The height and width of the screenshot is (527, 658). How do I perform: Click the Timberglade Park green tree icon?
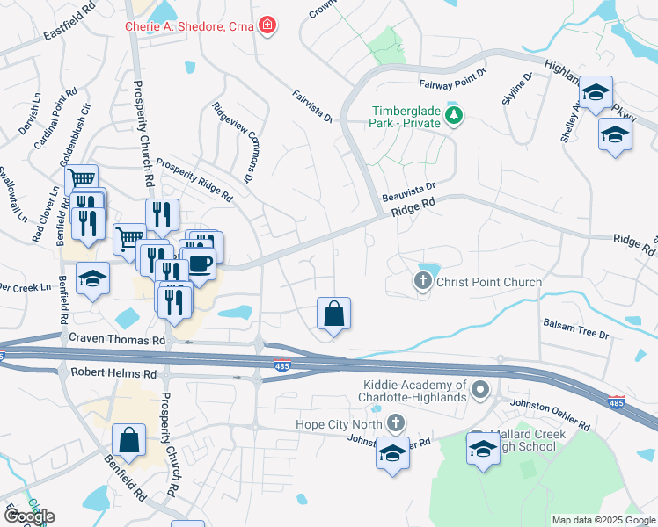(453, 117)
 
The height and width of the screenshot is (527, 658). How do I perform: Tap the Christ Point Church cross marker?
(422, 282)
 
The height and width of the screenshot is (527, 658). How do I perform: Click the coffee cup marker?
(200, 263)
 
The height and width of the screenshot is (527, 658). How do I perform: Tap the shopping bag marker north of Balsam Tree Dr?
(334, 314)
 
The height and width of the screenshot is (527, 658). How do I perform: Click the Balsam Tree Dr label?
(575, 328)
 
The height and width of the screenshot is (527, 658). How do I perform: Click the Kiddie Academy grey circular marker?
(479, 388)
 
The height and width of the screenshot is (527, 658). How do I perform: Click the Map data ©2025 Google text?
(603, 520)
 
